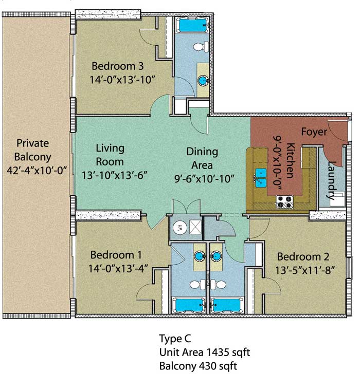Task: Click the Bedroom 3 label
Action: (117, 66)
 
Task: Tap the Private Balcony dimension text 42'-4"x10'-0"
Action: (37, 171)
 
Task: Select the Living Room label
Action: (110, 155)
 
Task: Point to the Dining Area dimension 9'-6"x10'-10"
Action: (204, 179)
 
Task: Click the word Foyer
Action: (314, 132)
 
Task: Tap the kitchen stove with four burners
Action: (284, 202)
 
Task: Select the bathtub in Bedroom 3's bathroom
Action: (192, 25)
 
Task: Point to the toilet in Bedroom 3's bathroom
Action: (201, 47)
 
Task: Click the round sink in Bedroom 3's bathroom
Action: (203, 81)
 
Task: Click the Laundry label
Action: (331, 180)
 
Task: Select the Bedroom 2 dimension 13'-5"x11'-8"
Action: (304, 270)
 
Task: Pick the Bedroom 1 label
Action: (116, 255)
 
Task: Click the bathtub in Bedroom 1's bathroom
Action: (189, 305)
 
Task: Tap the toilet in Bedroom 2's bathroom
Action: (219, 285)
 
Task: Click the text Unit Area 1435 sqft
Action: (205, 352)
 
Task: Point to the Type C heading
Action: (175, 339)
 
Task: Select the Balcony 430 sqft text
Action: (198, 366)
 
